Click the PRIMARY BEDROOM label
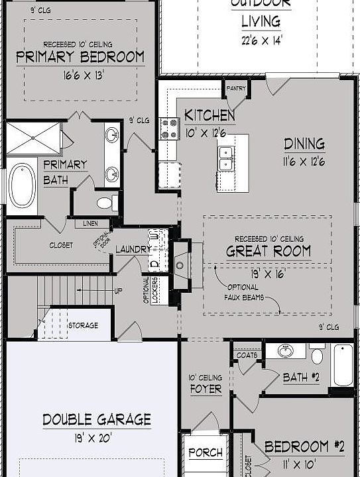pos(80,57)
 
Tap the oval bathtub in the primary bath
pos(23,184)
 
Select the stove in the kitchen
pos(168,128)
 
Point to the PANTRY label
pos(236,88)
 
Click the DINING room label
pos(304,144)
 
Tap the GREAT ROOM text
pos(269,251)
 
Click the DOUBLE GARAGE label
pos(97,419)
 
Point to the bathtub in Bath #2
pos(343,364)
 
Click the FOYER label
pos(206,389)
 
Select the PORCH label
pos(205,453)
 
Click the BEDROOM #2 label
pos(304,447)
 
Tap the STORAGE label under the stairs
pos(84,325)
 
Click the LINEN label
pos(90,224)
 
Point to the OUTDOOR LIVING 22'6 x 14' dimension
pos(261,39)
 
